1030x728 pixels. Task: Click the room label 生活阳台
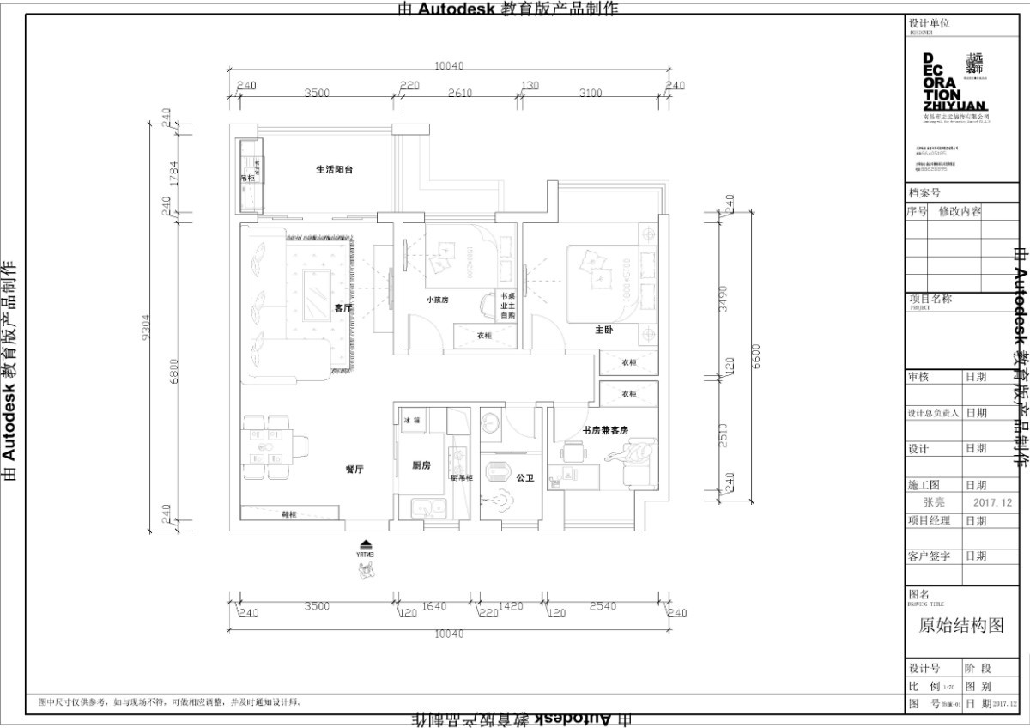[x=334, y=170]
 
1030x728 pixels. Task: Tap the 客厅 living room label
[x=343, y=307]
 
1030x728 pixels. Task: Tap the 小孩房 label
[x=438, y=300]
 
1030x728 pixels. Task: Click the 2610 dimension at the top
[x=460, y=94]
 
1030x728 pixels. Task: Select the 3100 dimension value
[x=591, y=94]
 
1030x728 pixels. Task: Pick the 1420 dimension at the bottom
[x=510, y=607]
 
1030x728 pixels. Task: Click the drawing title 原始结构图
[x=961, y=626]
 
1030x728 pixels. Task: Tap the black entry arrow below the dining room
[x=367, y=544]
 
